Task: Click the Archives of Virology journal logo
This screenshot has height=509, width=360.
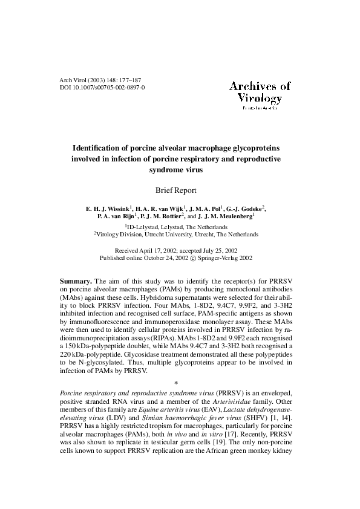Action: coord(260,93)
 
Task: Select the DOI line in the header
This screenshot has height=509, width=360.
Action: coord(102,88)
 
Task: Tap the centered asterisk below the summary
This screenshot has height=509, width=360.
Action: coord(176,383)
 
